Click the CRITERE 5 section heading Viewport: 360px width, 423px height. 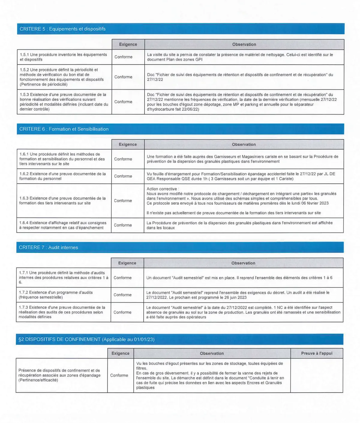click(63, 29)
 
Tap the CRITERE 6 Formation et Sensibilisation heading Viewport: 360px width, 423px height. click(64, 129)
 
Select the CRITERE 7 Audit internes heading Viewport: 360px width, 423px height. click(48, 248)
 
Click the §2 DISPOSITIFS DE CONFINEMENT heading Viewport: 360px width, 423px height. click(86, 339)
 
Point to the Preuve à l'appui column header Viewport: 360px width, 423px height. click(316, 353)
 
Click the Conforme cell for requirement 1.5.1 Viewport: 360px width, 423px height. click(123, 57)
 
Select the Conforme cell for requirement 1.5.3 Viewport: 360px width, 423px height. click(123, 102)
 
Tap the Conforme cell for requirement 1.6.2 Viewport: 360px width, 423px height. click(123, 176)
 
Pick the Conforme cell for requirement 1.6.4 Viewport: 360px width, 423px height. click(123, 225)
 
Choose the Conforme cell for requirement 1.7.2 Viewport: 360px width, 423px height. click(122, 295)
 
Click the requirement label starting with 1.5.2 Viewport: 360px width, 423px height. click(61, 77)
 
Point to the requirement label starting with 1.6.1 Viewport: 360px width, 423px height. click(62, 159)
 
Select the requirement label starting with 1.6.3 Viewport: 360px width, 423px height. click(62, 201)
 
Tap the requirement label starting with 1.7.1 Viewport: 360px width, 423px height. click(63, 278)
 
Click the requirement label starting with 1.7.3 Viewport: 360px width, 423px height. click(62, 312)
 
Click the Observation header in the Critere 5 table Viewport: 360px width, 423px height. click(244, 44)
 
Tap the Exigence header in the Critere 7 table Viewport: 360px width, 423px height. click(127, 263)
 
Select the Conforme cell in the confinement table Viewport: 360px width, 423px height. click(119, 375)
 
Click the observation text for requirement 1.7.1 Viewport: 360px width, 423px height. click(239, 278)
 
